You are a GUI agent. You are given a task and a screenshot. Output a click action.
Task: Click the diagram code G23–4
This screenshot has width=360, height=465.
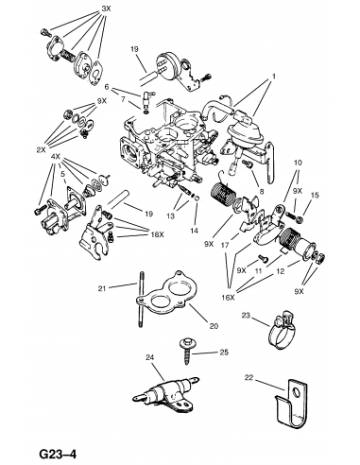coord(58,454)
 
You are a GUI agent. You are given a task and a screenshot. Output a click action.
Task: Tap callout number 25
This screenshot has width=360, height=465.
coord(224,352)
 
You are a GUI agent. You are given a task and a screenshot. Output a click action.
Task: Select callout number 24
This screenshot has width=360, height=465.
coord(150,357)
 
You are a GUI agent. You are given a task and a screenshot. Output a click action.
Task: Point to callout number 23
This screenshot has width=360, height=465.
coord(246,315)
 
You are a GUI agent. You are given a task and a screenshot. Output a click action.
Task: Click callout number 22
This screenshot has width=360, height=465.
coord(249,377)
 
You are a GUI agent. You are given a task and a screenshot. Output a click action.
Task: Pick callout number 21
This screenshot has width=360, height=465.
coord(102,288)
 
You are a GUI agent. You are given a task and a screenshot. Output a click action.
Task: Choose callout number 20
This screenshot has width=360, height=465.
coord(214,326)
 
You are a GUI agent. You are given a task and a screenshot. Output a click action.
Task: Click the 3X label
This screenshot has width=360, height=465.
coord(106,9)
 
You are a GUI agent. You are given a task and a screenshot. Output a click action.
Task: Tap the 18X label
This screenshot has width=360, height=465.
coord(157,234)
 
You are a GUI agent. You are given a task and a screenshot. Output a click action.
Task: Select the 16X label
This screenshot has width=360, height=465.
coord(229,298)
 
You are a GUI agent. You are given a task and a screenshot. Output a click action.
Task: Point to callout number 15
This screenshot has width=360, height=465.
coord(315,195)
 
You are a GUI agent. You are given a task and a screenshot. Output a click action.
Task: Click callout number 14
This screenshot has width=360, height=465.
coord(194,231)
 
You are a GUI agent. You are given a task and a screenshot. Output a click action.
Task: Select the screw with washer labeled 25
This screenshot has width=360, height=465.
coord(186,351)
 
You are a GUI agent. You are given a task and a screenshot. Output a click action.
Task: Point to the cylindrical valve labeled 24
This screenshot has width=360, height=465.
coord(166,392)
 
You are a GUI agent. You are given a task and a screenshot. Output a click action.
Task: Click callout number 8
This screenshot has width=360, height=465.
coord(262,191)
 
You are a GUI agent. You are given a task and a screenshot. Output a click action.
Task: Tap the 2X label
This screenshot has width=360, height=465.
coord(41,150)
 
